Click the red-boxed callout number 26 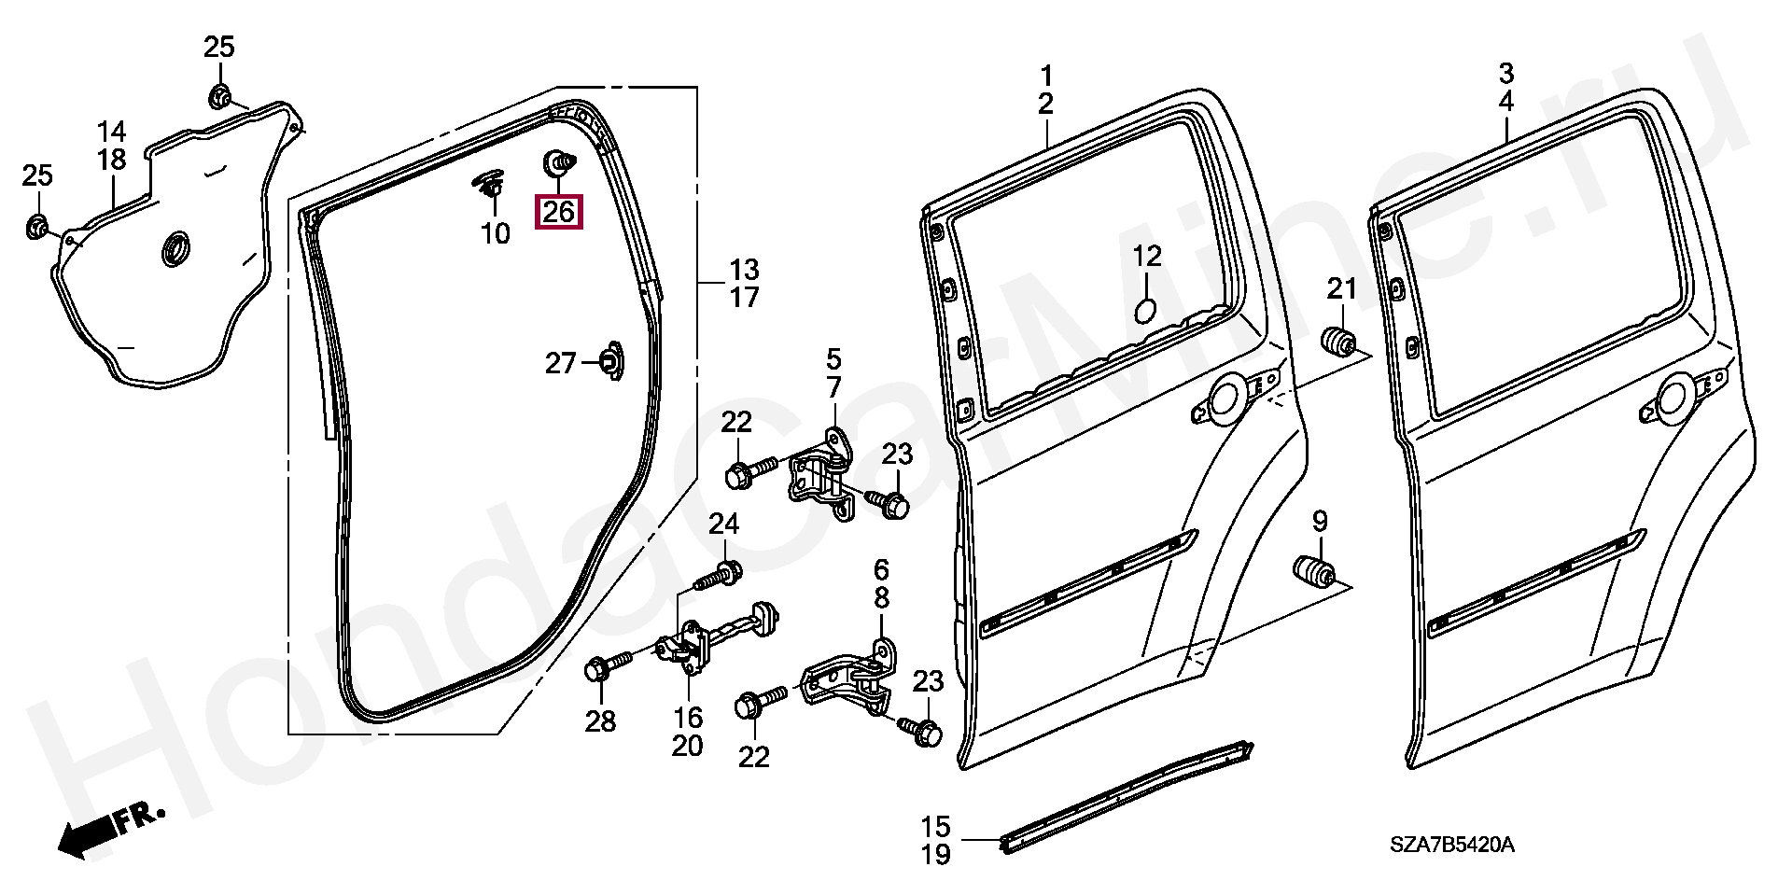pos(558,212)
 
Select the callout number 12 pos(1147,256)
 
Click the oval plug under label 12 pos(1145,310)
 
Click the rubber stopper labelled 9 pos(1311,571)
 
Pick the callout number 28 pos(600,720)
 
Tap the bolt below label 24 pos(719,575)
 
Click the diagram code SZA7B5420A pos(1451,846)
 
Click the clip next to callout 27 pos(609,362)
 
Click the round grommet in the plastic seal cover pos(175,250)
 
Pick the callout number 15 pos(935,826)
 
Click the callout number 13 pos(744,270)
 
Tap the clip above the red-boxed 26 pos(559,163)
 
